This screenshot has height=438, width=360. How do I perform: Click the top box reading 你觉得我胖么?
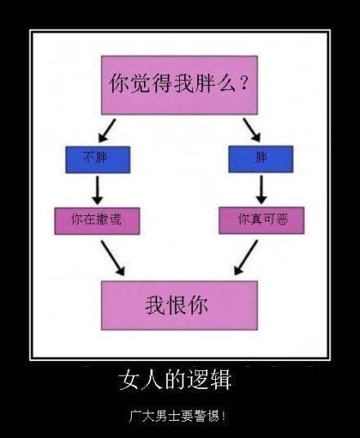coord(179,85)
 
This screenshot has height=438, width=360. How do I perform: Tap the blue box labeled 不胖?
coord(97,160)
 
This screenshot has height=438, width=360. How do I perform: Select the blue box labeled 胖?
coord(261,159)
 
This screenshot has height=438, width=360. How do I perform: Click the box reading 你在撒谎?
coord(97,221)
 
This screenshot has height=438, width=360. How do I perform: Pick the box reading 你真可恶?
coord(262,220)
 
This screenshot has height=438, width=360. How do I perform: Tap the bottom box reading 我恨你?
coord(179,305)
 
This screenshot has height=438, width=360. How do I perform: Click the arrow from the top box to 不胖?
coord(107,130)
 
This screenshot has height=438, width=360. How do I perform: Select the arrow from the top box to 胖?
coord(252,130)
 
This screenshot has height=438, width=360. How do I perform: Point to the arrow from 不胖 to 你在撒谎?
coord(97,190)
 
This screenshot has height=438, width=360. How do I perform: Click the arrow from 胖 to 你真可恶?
coord(261,190)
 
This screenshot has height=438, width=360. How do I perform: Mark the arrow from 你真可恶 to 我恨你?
coord(245,258)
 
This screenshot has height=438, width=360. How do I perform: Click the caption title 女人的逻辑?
coord(175,379)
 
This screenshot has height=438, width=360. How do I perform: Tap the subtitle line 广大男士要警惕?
coord(178,417)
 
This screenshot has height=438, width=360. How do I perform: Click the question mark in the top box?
coord(244,83)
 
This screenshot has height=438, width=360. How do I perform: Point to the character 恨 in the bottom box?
coord(177,305)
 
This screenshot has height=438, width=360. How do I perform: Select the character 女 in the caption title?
coord(129,379)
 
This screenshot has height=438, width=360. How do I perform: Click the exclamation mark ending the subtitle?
coord(223,417)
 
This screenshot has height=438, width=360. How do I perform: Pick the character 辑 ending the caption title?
coord(221,379)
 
